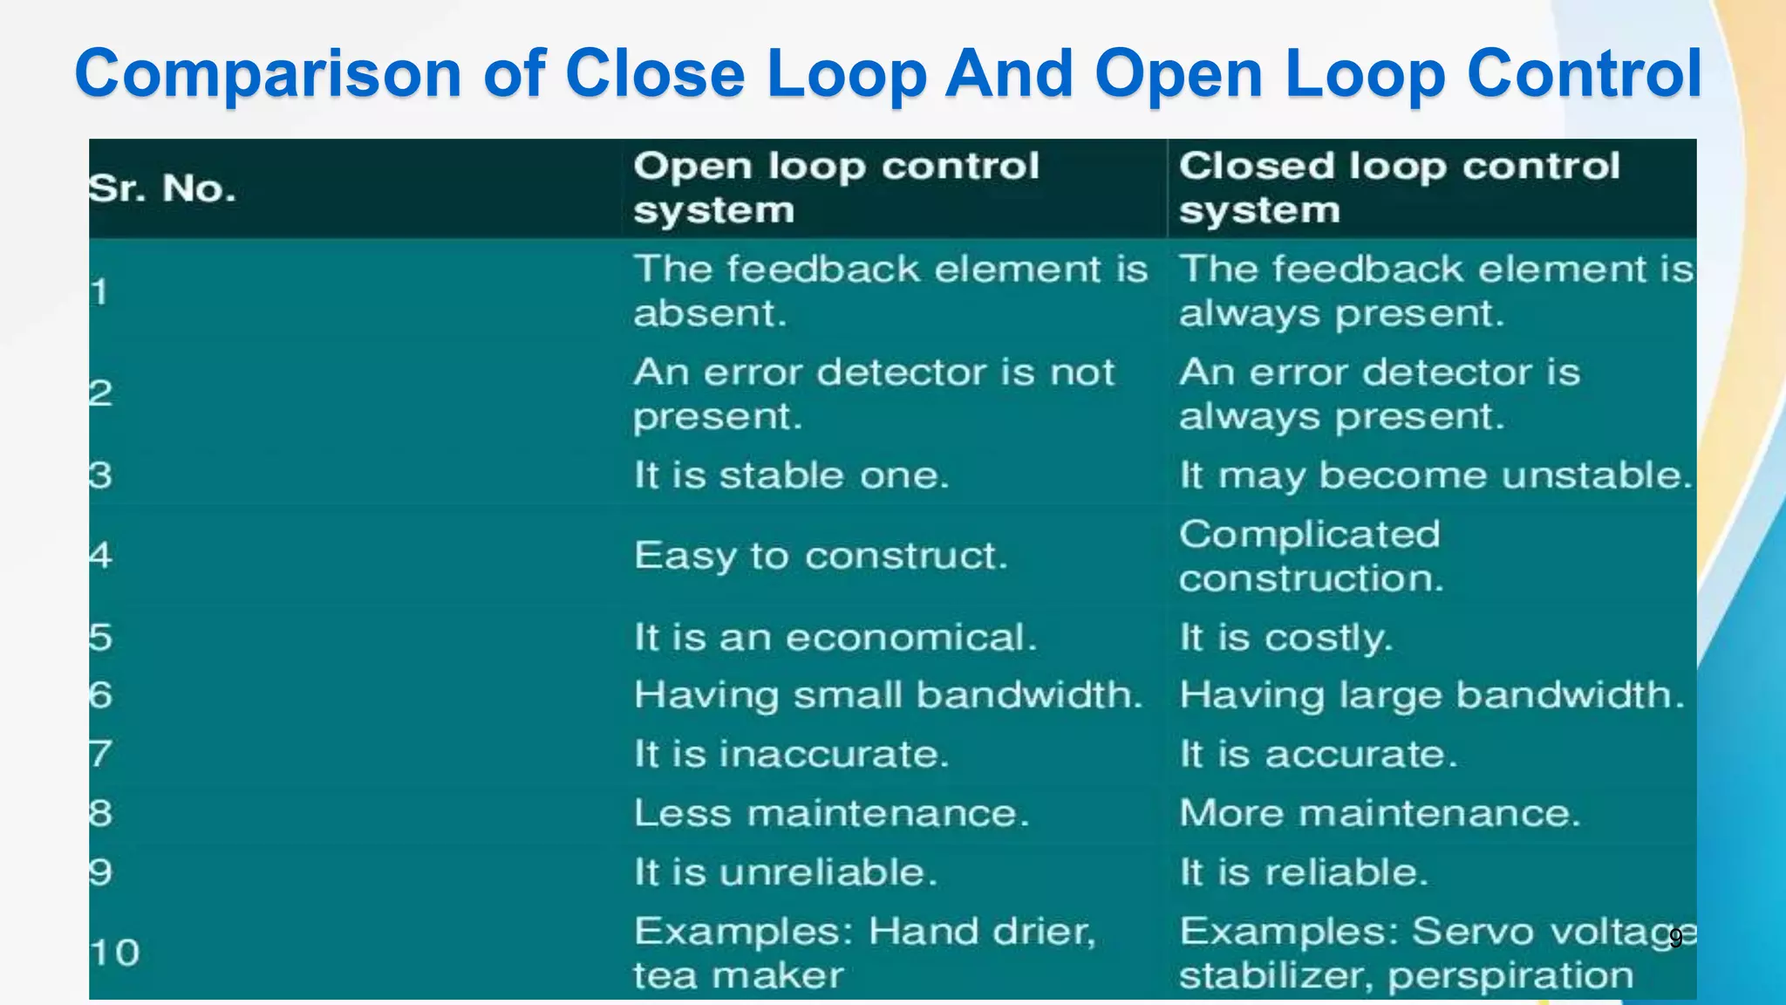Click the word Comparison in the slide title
click(x=268, y=74)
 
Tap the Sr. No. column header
click(x=162, y=188)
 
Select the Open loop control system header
click(x=835, y=188)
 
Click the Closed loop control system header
click(x=1399, y=188)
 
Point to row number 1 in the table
click(x=99, y=291)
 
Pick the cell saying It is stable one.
click(x=790, y=475)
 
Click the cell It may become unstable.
click(x=1435, y=475)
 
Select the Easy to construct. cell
click(x=820, y=556)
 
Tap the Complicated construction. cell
click(x=1310, y=556)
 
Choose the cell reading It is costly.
click(x=1285, y=638)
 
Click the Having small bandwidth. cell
click(x=888, y=695)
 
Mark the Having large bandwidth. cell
click(x=1431, y=695)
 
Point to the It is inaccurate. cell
click(x=790, y=754)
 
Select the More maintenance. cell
click(x=1379, y=813)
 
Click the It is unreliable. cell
click(x=785, y=872)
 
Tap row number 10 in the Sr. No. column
click(x=114, y=953)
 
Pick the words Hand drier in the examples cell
click(x=980, y=932)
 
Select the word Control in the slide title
click(x=1584, y=74)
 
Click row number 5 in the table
click(x=100, y=638)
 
